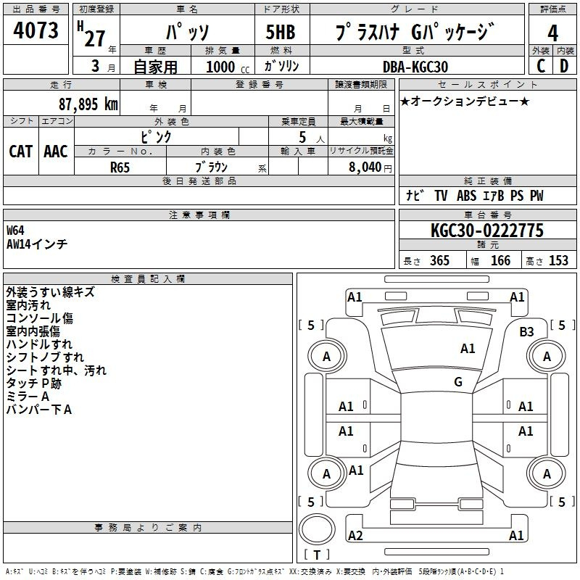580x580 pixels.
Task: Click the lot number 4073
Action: tap(36, 30)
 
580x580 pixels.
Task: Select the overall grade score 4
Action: tap(552, 33)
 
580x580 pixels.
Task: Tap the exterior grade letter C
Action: tap(541, 66)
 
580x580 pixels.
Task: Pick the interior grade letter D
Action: tap(564, 66)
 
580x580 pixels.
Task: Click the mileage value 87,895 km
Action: tap(88, 104)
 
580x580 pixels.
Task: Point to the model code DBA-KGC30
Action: tap(415, 67)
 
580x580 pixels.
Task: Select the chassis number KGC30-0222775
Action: tap(487, 231)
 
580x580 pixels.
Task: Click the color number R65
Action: tap(120, 167)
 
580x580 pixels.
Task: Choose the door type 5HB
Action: tap(281, 32)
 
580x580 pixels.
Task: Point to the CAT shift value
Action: tap(21, 152)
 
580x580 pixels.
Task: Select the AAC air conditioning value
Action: tap(56, 152)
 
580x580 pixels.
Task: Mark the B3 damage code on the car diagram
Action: tap(526, 331)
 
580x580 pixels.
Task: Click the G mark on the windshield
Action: tap(458, 382)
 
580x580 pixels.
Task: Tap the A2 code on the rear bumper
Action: tap(355, 535)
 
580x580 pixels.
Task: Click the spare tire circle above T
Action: tap(317, 529)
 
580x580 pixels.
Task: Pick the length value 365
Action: tap(439, 260)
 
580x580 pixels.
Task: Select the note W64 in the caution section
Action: tap(15, 231)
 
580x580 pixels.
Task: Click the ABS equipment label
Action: tap(466, 196)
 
